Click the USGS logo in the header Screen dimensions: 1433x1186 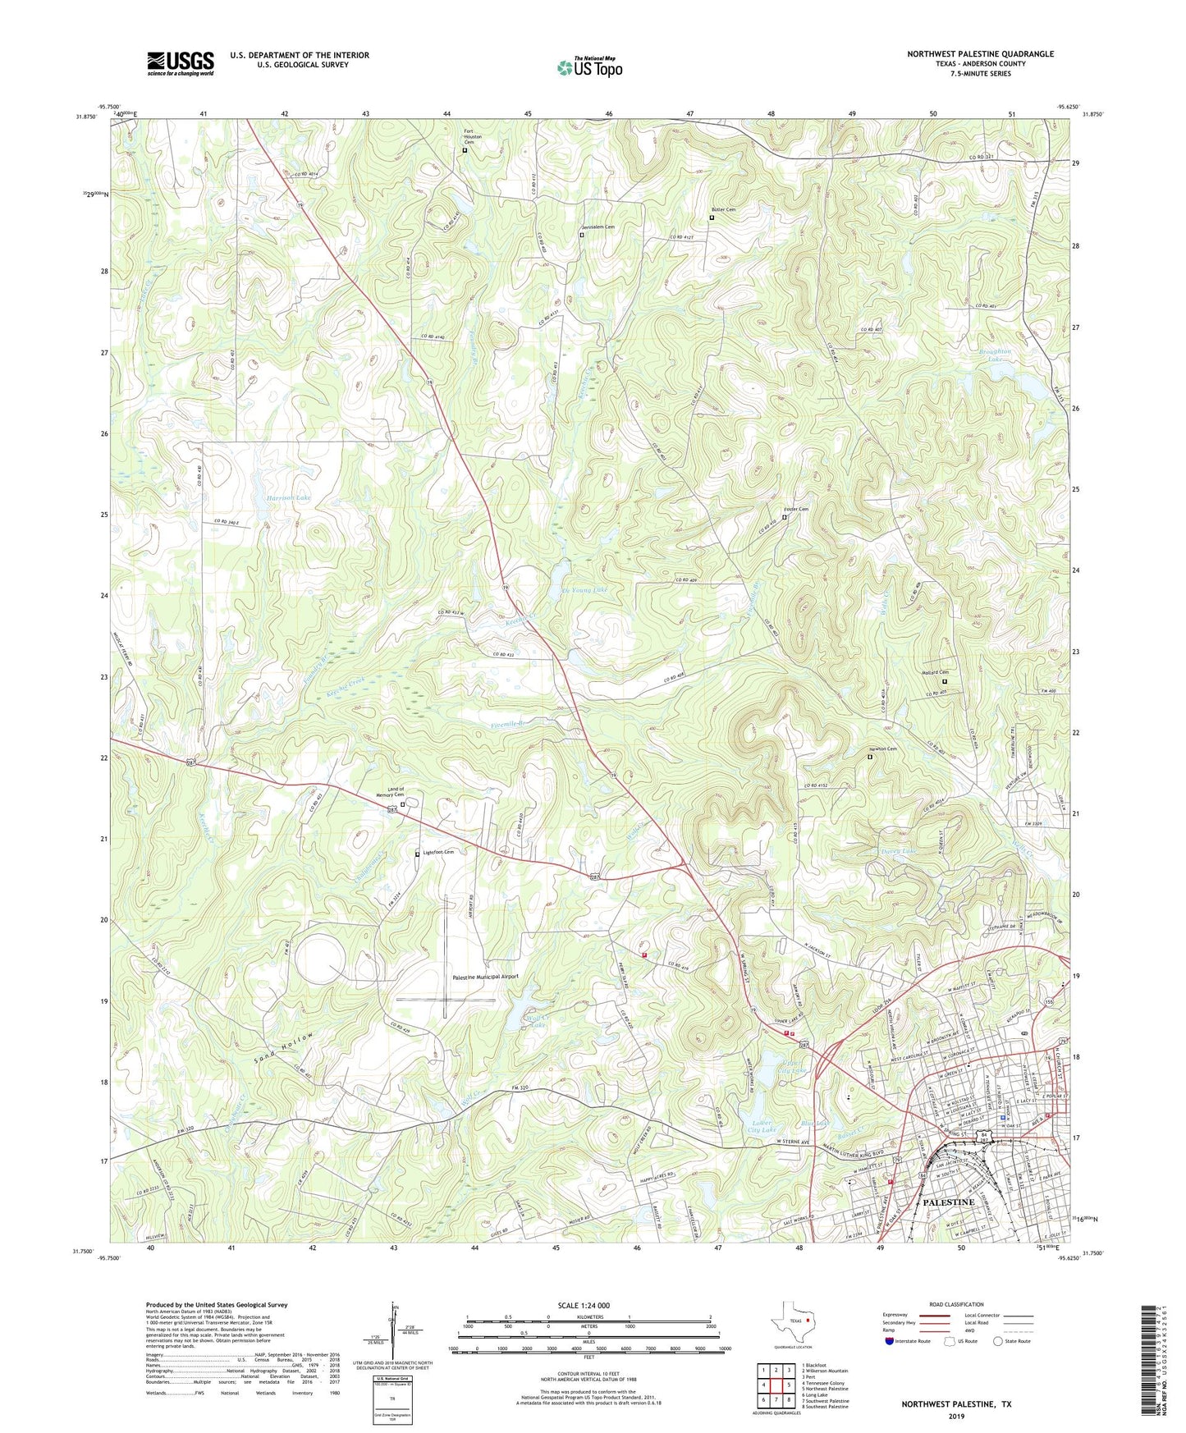tap(181, 63)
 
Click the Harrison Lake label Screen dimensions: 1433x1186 tap(287, 498)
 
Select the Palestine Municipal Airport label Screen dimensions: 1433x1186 tap(485, 977)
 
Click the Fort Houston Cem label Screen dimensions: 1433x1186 tap(469, 137)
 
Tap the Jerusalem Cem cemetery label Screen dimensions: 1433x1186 tap(598, 227)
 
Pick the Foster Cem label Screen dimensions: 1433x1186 tap(798, 510)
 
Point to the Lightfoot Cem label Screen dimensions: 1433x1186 tap(438, 852)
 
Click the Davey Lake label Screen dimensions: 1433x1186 tap(898, 851)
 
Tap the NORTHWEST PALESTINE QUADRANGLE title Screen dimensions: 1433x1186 tap(980, 54)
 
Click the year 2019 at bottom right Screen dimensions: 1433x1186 tap(956, 1417)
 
